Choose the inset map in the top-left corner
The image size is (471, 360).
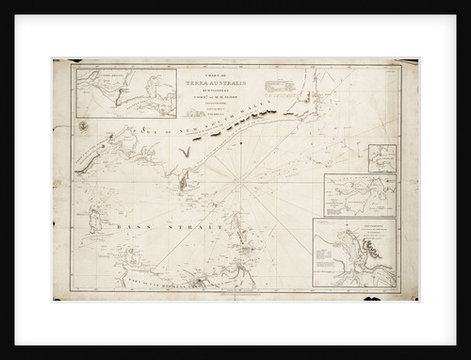coord(112,90)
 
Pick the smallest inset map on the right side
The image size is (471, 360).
coord(382,157)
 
